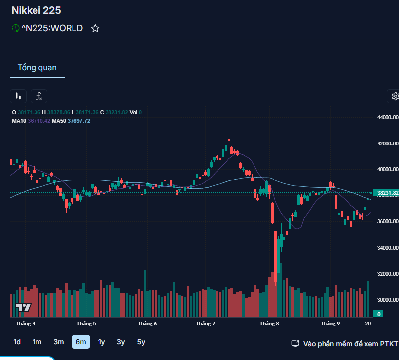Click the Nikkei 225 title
click(x=36, y=10)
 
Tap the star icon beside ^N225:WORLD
click(x=95, y=28)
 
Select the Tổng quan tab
click(x=37, y=68)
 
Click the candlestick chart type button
click(x=18, y=96)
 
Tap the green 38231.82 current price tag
click(x=387, y=193)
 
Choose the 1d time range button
click(x=17, y=342)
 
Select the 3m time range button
click(x=59, y=342)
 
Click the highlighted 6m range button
click(x=81, y=342)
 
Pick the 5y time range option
click(x=141, y=342)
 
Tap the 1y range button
click(x=102, y=342)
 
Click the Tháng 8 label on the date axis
click(x=269, y=324)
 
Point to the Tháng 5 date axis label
click(x=86, y=324)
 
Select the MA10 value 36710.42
click(x=39, y=121)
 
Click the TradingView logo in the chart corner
click(x=23, y=307)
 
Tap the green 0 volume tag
click(x=379, y=314)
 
